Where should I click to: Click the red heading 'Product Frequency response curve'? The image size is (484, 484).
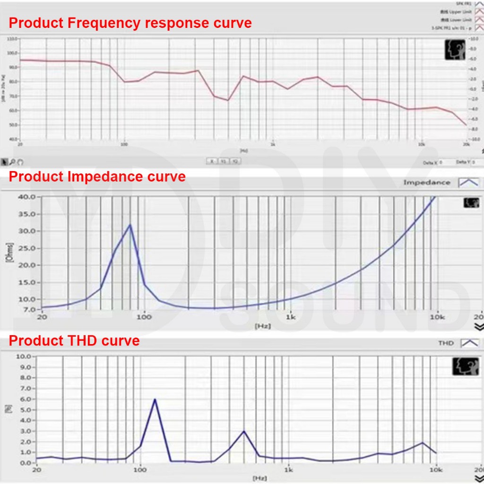130,23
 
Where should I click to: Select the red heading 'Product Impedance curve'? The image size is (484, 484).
97,177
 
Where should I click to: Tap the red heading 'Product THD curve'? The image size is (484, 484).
74,340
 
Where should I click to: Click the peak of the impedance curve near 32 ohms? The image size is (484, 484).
130,225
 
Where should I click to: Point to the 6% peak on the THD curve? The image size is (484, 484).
155,399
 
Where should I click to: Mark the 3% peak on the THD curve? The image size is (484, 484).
243,431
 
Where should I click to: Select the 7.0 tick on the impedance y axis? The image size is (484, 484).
28,310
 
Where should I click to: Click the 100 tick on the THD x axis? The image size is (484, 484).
140,470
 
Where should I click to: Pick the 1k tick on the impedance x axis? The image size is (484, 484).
290,317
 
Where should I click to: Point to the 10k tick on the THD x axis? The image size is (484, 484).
436,470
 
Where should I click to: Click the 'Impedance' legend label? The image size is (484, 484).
426,182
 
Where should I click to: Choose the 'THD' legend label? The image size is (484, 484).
446,343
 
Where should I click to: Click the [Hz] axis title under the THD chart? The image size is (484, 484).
259,478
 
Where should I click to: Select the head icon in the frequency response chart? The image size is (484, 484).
455,50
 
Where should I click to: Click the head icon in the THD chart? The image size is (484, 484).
466,366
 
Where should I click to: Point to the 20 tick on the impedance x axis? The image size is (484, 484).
42,317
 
